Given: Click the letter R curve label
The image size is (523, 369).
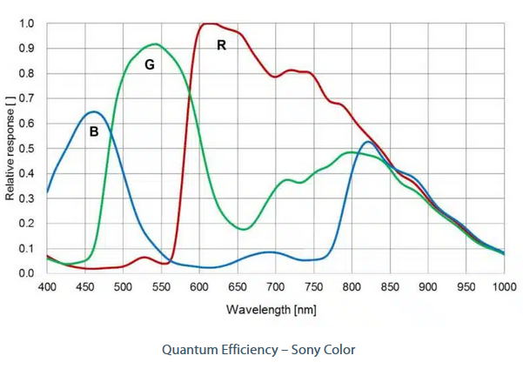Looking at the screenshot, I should click(221, 45).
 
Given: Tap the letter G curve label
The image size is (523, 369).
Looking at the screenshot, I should click(149, 65).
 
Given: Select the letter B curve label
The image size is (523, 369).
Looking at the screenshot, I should click(93, 132).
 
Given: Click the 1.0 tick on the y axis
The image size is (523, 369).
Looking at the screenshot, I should click(27, 23).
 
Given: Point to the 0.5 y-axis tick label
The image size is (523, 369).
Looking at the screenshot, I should click(27, 149).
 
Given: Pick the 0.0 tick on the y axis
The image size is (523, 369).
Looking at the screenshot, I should click(27, 273).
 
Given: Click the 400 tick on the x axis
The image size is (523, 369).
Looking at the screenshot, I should click(47, 286).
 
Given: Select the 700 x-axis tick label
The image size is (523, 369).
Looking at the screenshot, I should click(276, 286).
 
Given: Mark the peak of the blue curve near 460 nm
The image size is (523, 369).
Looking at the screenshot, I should click(93, 111).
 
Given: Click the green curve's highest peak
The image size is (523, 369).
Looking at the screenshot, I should click(155, 44).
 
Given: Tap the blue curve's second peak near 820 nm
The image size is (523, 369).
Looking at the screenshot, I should click(367, 142).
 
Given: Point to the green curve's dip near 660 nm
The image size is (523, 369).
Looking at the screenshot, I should click(245, 229).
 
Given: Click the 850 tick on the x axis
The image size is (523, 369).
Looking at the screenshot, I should click(390, 286).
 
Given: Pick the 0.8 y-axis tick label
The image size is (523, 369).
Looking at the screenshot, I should click(27, 73).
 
